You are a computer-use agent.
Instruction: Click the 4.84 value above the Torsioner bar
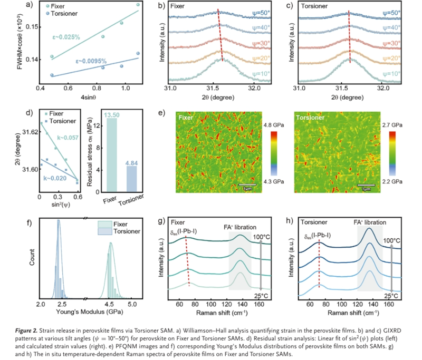click(131, 163)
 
